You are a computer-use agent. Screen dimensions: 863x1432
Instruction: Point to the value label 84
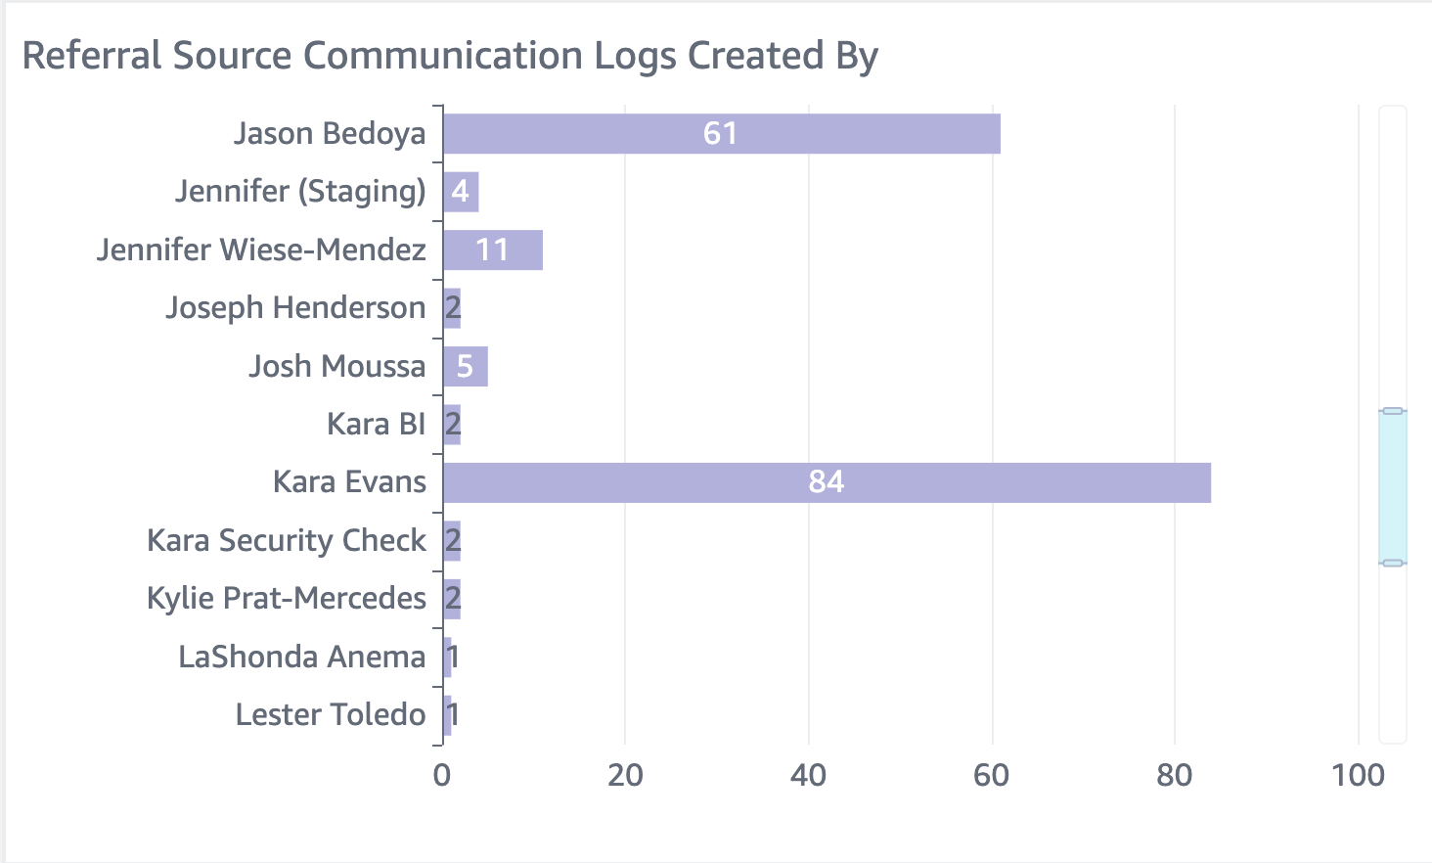[x=826, y=482]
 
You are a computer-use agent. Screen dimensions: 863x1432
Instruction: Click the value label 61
[x=720, y=134]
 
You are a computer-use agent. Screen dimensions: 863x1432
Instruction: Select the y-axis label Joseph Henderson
[x=295, y=308]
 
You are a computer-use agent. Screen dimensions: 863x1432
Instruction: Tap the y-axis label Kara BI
[x=376, y=425]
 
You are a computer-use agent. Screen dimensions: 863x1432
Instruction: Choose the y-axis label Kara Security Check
[x=287, y=541]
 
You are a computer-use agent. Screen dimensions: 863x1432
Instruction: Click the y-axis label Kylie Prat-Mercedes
[x=287, y=599]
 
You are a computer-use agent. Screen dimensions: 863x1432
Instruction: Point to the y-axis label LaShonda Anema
[x=302, y=658]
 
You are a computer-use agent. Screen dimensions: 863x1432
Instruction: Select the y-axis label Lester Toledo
[x=331, y=715]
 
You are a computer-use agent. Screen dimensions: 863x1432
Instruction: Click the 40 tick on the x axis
[x=808, y=776]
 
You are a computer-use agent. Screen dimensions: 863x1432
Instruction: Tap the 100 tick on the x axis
[x=1358, y=776]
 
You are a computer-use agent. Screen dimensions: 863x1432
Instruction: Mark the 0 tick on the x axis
[x=442, y=776]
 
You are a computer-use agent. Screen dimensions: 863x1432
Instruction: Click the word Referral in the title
[x=93, y=56]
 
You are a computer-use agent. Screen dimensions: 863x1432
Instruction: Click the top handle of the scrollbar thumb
[x=1393, y=411]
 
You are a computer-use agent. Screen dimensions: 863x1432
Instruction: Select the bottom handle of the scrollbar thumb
[x=1393, y=563]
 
